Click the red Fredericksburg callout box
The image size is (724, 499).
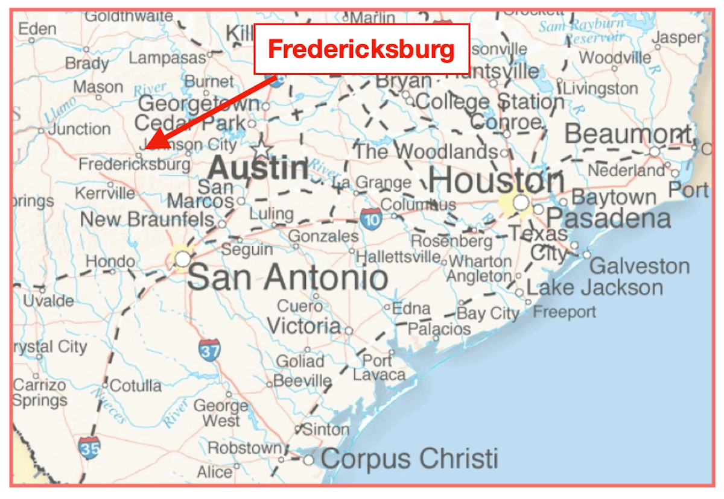tap(361, 49)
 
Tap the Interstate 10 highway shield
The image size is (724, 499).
tap(372, 218)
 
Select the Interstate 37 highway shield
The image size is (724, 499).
tap(209, 350)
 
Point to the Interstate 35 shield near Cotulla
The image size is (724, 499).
tap(89, 448)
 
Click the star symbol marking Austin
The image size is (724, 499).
tap(262, 149)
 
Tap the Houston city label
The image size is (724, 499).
tap(496, 180)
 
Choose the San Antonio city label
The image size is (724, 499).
tap(287, 278)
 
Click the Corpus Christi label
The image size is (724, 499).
tap(409, 459)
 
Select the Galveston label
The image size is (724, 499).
tap(639, 266)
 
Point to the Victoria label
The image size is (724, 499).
tap(303, 326)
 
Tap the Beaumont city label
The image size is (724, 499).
tap(627, 134)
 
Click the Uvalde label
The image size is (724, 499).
tap(48, 300)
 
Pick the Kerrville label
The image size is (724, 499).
tap(105, 193)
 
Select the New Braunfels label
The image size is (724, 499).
tap(147, 219)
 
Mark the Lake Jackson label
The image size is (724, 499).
tap(594, 287)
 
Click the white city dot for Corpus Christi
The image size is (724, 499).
tap(308, 460)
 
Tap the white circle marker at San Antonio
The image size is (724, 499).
tap(182, 259)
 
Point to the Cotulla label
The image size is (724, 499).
tap(136, 385)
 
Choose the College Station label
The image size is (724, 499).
tap(490, 101)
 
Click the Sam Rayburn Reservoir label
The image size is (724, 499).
tap(580, 31)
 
